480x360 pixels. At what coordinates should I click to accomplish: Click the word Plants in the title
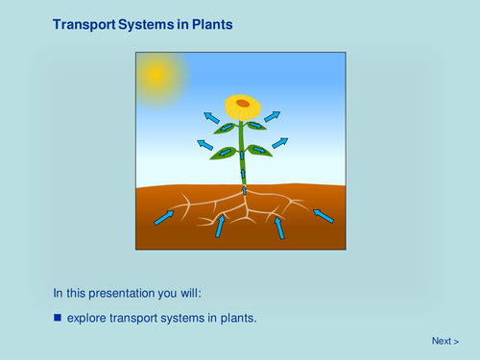210,24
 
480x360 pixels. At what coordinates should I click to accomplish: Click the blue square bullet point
58,317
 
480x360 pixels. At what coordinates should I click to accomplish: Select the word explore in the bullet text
87,317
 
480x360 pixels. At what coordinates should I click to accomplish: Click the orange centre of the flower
243,103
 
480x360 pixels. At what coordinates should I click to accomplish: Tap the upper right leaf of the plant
255,125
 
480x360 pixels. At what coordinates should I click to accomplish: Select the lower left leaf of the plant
223,152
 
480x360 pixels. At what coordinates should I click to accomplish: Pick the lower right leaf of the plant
259,150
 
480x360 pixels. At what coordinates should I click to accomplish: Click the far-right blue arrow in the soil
324,216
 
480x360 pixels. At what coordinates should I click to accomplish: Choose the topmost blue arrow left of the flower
211,117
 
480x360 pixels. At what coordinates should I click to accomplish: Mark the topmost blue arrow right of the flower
273,116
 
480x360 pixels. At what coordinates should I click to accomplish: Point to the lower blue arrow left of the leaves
204,145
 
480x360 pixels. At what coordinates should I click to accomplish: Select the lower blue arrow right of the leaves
279,143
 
